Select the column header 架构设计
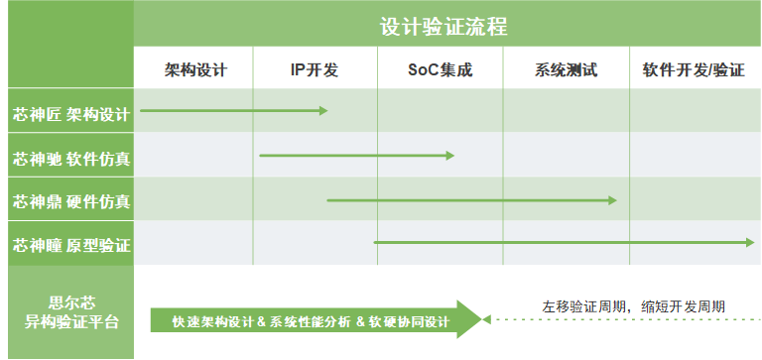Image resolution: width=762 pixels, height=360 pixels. tap(195, 70)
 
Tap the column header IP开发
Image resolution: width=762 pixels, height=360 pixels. tap(315, 70)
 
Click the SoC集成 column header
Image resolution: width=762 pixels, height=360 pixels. tap(441, 70)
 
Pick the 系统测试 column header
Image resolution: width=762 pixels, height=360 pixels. tap(566, 70)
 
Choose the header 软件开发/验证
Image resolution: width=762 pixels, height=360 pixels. tap(694, 70)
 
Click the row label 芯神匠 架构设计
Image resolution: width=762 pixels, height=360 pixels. tap(70, 114)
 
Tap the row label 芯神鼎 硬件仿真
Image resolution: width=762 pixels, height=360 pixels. tap(70, 201)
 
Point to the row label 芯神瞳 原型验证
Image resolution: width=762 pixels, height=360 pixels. tap(70, 244)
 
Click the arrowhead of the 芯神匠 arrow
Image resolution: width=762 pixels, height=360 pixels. tap(322, 110)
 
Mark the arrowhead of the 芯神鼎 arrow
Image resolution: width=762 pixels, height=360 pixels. tap(612, 200)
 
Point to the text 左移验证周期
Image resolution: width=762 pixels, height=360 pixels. tap(586, 305)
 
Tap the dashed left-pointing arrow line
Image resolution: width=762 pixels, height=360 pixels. tap(615, 319)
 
